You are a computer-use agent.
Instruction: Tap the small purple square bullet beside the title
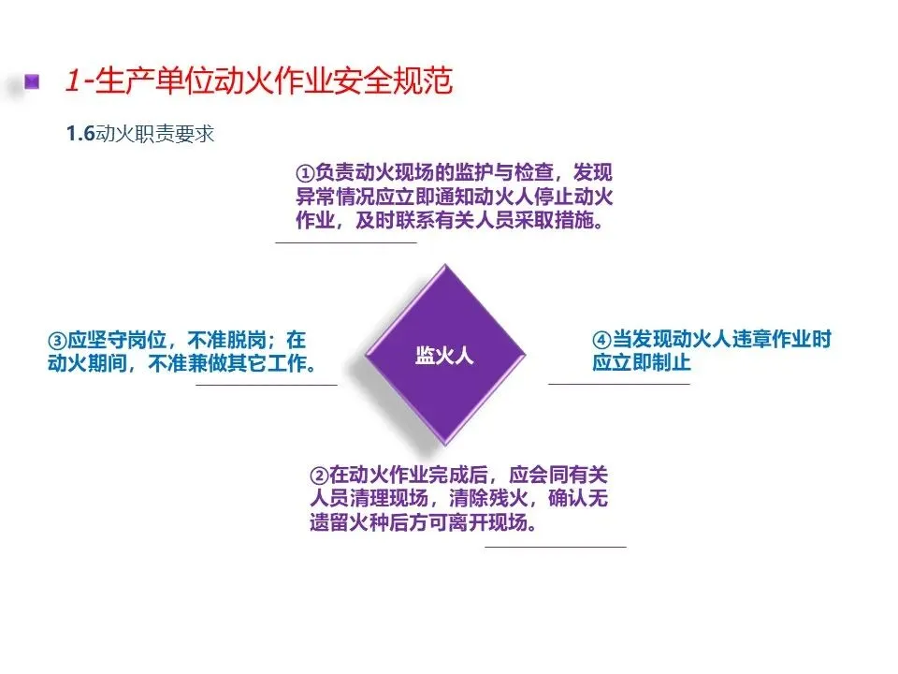tap(34, 81)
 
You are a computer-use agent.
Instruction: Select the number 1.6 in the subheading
tap(80, 135)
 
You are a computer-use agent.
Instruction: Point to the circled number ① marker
tap(305, 174)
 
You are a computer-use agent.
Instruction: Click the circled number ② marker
tap(318, 475)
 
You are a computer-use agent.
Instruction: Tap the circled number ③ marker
tap(57, 339)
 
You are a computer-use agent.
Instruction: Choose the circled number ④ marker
tap(601, 339)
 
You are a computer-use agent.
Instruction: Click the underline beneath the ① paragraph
tap(345, 243)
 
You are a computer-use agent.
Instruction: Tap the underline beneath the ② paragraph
tap(555, 547)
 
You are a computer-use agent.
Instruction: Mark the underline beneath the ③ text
tap(266, 384)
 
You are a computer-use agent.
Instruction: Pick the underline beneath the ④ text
tap(618, 384)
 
